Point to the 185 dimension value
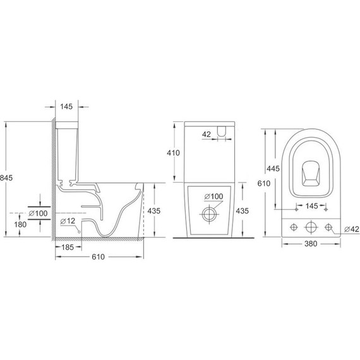(70, 248)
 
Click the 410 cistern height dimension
(174, 153)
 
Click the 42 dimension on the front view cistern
(206, 134)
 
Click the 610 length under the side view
(99, 258)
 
